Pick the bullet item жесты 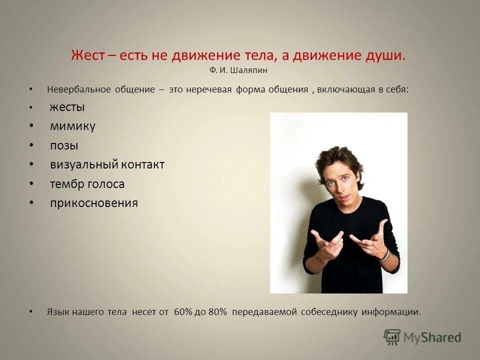(x=67, y=107)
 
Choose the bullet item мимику (x=72, y=126)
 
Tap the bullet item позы (x=64, y=145)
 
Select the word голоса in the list (x=106, y=184)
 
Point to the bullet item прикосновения (x=94, y=203)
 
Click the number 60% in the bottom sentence (x=183, y=312)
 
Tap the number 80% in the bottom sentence (x=216, y=312)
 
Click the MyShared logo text (x=432, y=337)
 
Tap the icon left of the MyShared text (x=392, y=337)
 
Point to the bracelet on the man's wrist (x=383, y=255)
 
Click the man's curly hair (x=340, y=160)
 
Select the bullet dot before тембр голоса (x=31, y=184)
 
